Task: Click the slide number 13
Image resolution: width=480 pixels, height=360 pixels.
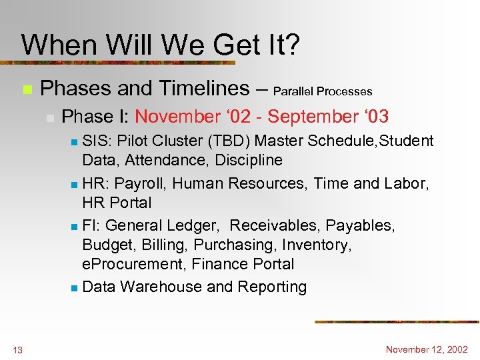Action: (17, 350)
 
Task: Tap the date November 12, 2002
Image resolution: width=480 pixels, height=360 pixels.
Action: (427, 349)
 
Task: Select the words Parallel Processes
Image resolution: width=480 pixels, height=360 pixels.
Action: (323, 91)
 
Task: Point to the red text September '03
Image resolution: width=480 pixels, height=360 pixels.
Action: (328, 117)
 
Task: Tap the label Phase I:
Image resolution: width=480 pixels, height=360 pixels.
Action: (95, 117)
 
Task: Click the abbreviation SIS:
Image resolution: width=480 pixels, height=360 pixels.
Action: (96, 141)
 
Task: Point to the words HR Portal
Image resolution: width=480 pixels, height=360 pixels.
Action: (117, 203)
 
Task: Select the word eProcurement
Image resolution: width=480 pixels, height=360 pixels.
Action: (133, 265)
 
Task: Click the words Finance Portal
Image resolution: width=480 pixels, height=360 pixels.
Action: (243, 265)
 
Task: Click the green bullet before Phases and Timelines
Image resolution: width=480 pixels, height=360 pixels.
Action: (27, 89)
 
